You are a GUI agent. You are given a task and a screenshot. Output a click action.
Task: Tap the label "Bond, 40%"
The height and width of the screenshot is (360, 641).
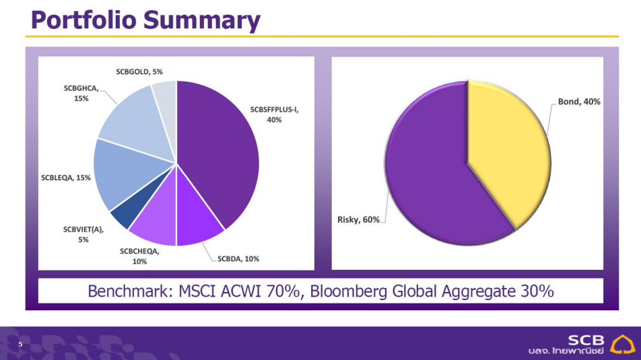579,102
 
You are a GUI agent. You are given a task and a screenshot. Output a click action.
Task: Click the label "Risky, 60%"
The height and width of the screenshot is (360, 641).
358,220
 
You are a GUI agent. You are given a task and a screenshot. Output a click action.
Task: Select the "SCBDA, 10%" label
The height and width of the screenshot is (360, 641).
238,258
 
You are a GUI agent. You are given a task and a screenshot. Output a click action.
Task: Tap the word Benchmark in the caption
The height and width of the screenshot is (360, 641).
127,291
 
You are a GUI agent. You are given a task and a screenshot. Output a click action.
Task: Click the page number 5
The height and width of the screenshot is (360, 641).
20,345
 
